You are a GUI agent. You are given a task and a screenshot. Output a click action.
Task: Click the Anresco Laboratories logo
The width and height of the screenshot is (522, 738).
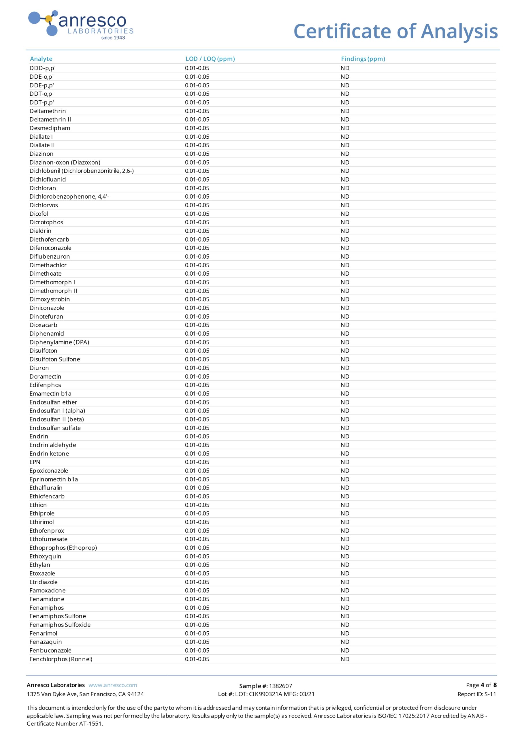(x=81, y=25)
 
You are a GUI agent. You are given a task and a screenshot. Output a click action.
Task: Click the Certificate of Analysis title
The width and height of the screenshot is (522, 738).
(x=395, y=31)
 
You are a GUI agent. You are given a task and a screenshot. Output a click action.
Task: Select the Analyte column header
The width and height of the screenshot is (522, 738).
(x=41, y=59)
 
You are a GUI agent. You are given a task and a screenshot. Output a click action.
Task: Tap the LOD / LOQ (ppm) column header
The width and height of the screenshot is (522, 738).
(x=210, y=59)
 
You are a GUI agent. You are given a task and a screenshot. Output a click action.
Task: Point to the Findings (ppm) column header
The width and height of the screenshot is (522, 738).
(x=363, y=59)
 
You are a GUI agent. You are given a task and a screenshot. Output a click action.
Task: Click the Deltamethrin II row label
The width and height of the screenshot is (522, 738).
(x=50, y=120)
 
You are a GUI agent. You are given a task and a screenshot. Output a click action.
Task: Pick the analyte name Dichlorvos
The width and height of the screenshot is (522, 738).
(x=44, y=205)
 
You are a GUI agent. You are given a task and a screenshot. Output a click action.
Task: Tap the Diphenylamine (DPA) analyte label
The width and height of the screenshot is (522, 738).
(x=59, y=342)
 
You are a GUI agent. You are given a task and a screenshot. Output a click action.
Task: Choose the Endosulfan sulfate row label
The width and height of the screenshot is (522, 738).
(x=55, y=428)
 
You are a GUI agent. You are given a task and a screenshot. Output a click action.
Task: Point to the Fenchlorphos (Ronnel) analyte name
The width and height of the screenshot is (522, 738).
(x=61, y=659)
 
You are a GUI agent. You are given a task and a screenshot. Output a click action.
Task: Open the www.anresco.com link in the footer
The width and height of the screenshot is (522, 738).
(x=112, y=685)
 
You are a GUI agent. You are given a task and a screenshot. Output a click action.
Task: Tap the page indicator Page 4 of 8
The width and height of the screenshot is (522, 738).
(x=481, y=685)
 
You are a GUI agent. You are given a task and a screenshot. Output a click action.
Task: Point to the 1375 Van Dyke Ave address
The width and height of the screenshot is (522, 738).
(x=85, y=694)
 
